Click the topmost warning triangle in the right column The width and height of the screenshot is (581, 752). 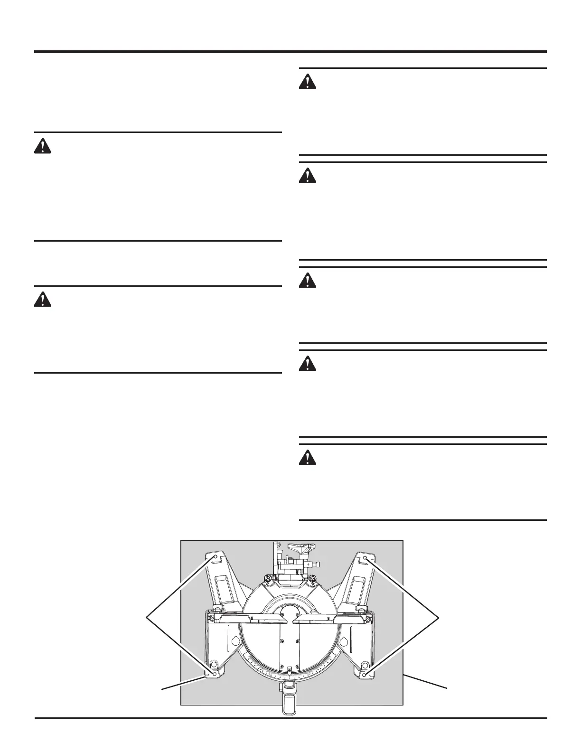(x=308, y=83)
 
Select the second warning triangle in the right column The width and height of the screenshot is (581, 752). (x=308, y=177)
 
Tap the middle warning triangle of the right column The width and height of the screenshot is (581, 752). (x=308, y=281)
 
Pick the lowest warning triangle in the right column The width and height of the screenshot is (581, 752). (x=308, y=458)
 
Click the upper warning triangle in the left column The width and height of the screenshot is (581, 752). (x=43, y=146)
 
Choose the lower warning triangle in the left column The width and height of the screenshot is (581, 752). (x=43, y=300)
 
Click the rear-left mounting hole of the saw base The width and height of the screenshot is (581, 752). (x=216, y=556)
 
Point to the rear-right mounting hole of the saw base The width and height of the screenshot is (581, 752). (x=365, y=557)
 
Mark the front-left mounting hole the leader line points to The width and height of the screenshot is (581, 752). (x=215, y=674)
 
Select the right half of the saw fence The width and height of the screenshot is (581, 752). (x=328, y=617)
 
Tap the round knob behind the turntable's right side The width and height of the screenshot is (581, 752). (x=314, y=578)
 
